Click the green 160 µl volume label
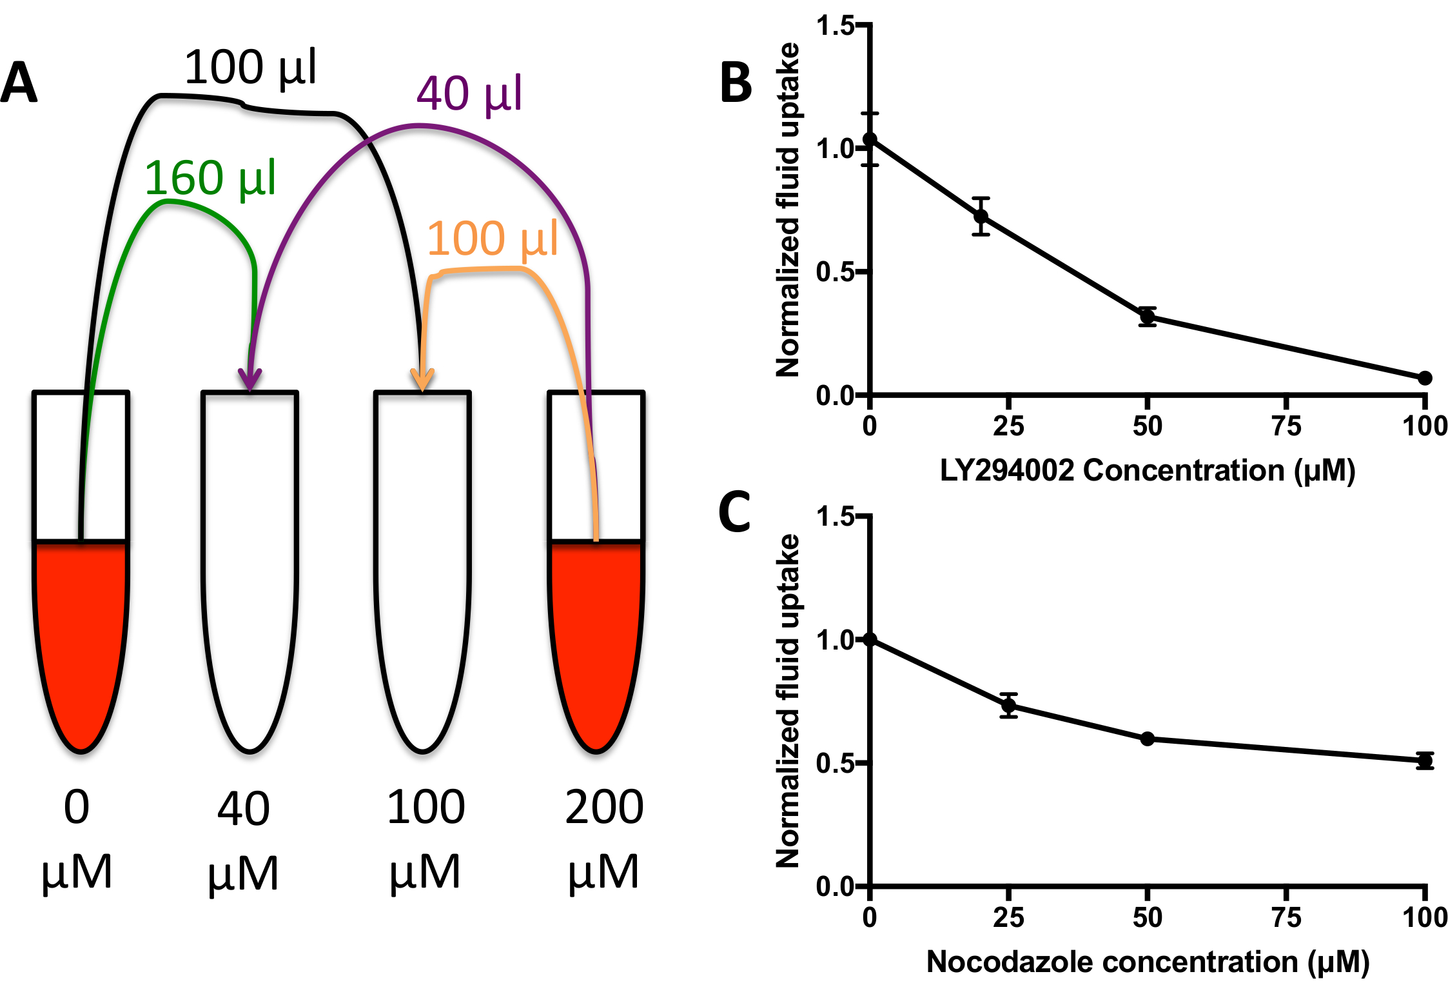(210, 178)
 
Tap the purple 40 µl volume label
(469, 94)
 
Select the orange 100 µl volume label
(492, 239)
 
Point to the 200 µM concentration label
(604, 839)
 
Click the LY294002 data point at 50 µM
(1148, 317)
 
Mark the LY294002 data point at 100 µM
(1425, 378)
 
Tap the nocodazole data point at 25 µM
(1009, 706)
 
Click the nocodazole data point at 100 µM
(1425, 760)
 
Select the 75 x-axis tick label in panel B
(1286, 426)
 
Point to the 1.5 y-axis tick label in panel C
(835, 517)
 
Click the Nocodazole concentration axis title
(1148, 962)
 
